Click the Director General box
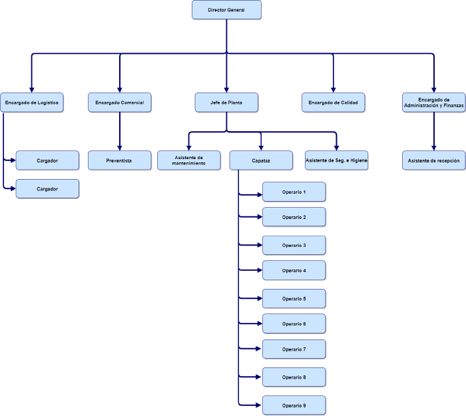[x=226, y=10]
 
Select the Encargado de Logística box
[x=32, y=103]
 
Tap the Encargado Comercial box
[x=120, y=103]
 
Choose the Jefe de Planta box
[x=226, y=103]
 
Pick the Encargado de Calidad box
[x=333, y=103]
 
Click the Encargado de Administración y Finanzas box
[x=434, y=103]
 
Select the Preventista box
[x=120, y=160]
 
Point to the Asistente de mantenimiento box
[x=188, y=160]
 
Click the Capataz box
[x=261, y=160]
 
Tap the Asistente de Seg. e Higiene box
[x=336, y=160]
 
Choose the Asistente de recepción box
[x=434, y=160]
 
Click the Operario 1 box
[x=294, y=192]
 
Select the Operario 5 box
[x=294, y=299]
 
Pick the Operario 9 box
[x=294, y=405]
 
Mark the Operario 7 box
[x=294, y=349]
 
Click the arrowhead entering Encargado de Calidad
[x=333, y=90]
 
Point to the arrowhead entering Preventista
[x=120, y=148]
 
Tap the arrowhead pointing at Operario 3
[x=260, y=245]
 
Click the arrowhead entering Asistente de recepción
[x=434, y=148]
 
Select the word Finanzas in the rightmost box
[x=453, y=105]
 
